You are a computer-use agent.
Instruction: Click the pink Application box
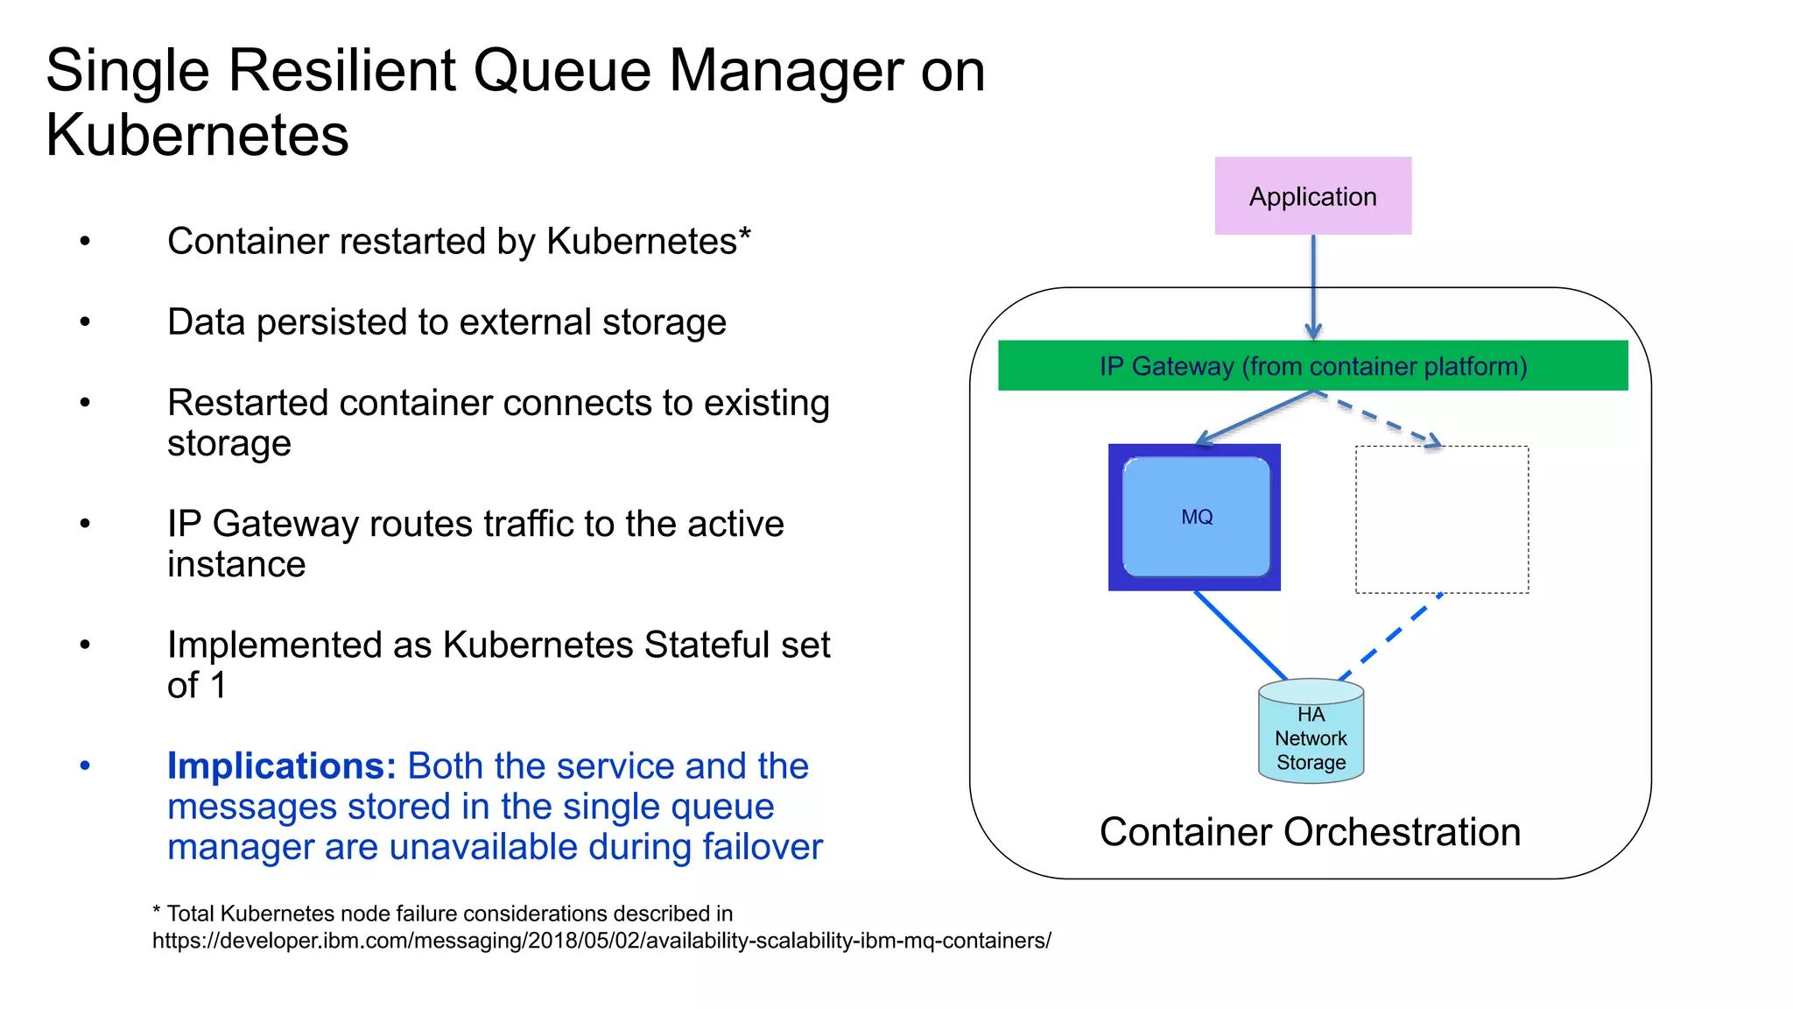point(1312,196)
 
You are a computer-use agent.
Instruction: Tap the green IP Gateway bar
point(1312,365)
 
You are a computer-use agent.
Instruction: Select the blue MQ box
point(1195,517)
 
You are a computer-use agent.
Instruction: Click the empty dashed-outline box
point(1442,519)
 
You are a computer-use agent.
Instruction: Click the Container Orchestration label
point(1310,832)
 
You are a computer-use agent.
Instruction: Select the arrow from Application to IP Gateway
point(1313,285)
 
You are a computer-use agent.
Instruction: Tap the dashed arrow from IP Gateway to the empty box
point(1379,420)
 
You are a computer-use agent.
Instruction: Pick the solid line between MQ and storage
point(1241,635)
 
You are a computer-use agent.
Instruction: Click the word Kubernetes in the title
point(197,135)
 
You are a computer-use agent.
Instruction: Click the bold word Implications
point(282,766)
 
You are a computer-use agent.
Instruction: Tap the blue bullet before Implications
point(85,766)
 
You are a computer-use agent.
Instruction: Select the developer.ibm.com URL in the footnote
point(601,941)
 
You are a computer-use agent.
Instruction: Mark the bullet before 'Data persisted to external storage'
point(85,322)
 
